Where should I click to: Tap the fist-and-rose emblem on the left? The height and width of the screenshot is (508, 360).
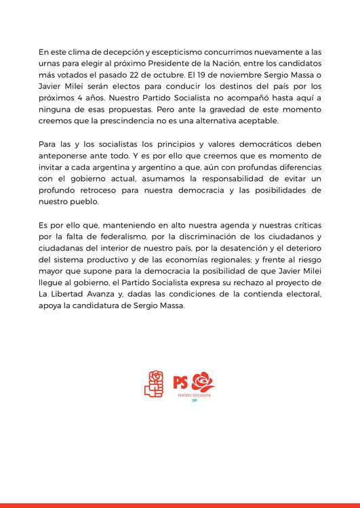click(x=155, y=383)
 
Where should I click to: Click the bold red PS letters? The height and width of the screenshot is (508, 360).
click(x=181, y=381)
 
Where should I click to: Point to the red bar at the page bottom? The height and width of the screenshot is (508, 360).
click(x=180, y=505)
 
